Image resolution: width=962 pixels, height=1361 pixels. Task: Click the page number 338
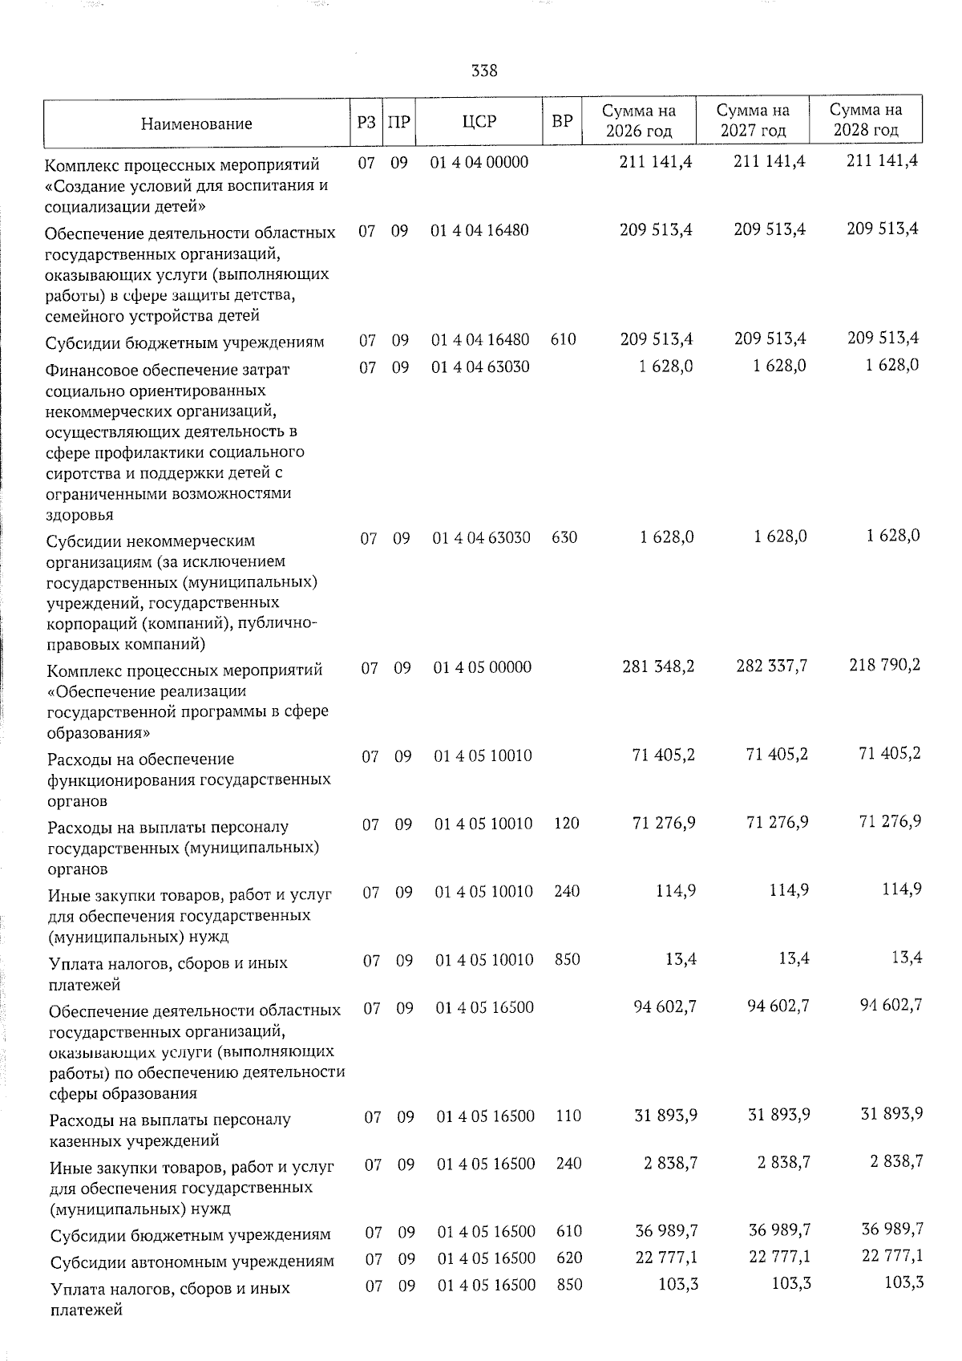coord(484,71)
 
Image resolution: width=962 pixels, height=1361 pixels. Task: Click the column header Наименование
coord(196,123)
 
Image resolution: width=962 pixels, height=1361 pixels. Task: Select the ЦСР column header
coord(479,121)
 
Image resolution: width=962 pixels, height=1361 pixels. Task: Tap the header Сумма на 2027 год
coord(752,120)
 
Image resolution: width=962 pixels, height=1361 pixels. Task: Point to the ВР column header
coord(563,121)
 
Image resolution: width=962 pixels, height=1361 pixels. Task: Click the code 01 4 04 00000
coord(479,161)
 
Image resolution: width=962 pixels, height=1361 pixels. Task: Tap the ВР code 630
coord(564,537)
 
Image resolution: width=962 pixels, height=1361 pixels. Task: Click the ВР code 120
coord(566,823)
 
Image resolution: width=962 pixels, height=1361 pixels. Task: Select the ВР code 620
coord(568,1258)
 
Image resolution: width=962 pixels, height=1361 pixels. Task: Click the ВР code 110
coord(568,1116)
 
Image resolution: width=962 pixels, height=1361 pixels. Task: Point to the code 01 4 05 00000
coord(483,667)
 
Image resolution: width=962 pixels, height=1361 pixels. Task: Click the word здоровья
coord(79,514)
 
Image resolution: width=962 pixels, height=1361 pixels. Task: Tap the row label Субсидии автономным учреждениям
coord(192,1262)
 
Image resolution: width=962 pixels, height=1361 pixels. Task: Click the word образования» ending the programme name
coord(99,732)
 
